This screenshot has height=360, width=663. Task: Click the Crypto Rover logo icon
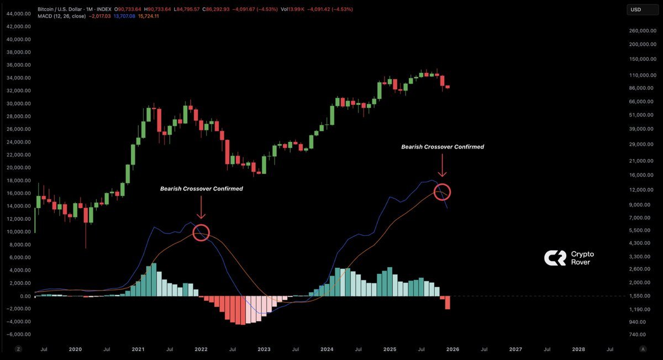pos(554,258)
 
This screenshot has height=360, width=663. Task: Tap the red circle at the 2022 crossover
pos(202,233)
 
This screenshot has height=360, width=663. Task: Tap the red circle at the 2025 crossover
pos(442,192)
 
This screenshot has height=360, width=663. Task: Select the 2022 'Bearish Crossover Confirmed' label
pos(201,189)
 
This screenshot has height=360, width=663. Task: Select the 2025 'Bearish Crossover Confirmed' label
pos(442,147)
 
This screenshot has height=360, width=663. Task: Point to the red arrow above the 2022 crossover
pos(201,209)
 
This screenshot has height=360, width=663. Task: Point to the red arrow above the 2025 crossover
pos(442,166)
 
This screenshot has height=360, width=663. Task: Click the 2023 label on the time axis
pos(264,350)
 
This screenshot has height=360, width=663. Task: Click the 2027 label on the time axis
pos(515,350)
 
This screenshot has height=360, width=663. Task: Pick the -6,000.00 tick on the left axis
pos(18,335)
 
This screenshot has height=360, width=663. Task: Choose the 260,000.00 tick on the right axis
pos(645,31)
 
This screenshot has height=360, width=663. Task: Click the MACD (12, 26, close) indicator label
pos(60,17)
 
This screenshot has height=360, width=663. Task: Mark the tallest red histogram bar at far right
pos(448,303)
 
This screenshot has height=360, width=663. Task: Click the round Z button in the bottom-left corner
pos(18,350)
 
